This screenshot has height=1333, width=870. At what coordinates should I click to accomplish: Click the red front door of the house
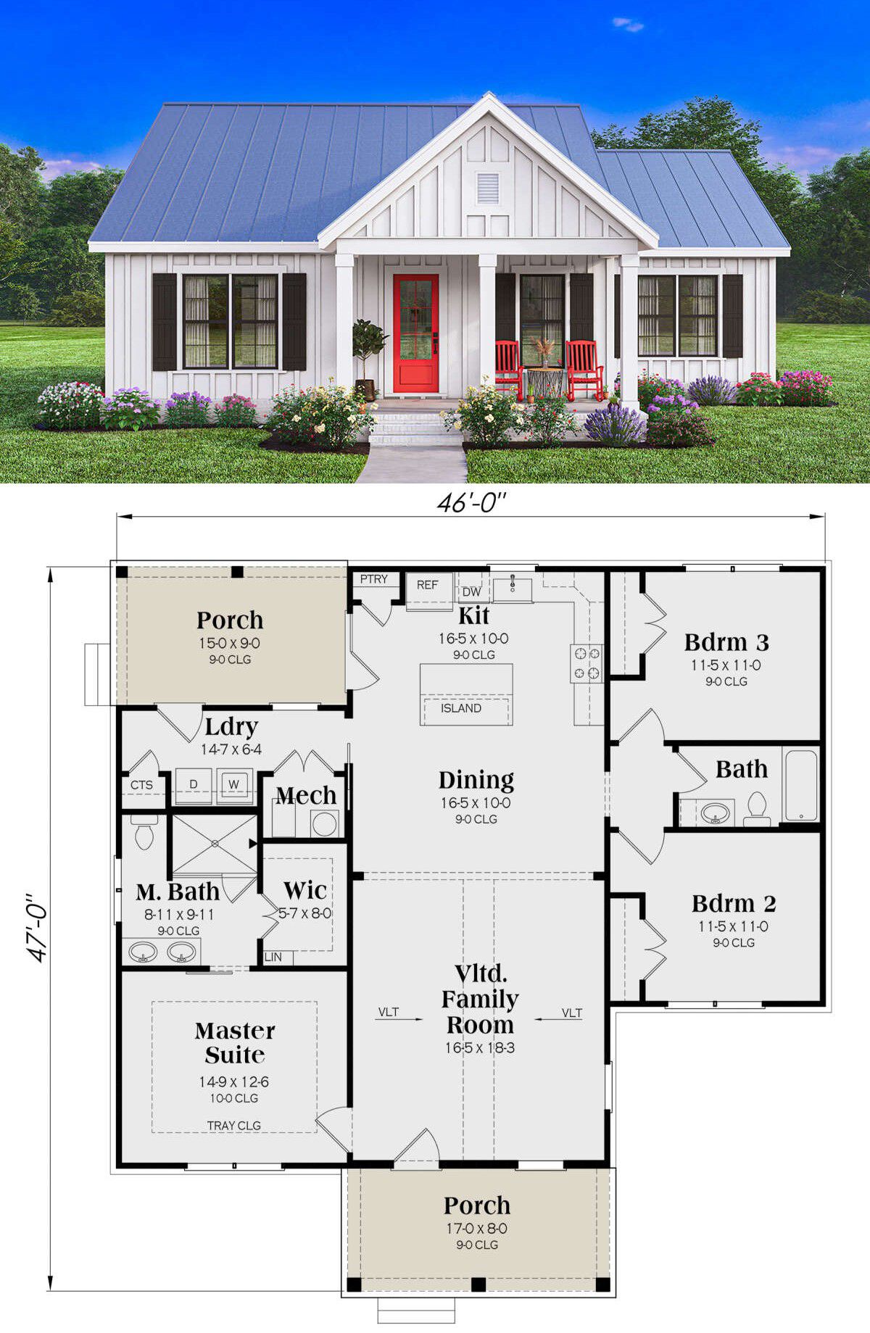(416, 333)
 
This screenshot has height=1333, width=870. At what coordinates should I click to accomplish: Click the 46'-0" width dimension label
(471, 503)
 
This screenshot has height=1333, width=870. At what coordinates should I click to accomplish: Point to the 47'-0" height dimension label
(38, 931)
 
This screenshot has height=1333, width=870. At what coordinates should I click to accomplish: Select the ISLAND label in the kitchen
(461, 708)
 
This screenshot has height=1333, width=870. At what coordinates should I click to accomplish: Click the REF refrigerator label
(427, 585)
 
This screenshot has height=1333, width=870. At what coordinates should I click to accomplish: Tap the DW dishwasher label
(471, 592)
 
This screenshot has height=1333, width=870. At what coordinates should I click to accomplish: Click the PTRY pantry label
(374, 579)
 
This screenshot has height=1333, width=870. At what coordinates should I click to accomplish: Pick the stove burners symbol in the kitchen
(587, 663)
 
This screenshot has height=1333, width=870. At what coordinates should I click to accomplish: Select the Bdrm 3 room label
(726, 642)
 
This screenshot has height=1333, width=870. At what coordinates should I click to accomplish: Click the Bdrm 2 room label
(734, 903)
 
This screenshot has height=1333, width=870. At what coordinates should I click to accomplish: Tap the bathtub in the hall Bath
(801, 786)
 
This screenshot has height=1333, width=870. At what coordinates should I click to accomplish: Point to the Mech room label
(306, 796)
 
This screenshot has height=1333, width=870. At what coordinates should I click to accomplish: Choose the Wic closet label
(304, 889)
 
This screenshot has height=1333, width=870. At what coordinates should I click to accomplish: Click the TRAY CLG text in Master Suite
(234, 1126)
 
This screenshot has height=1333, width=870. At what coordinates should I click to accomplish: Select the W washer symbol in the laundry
(233, 785)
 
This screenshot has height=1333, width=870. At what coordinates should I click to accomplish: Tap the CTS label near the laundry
(141, 785)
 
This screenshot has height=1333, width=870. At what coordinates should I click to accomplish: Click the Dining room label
(476, 780)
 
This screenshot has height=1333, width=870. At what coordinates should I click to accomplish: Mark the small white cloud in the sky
(628, 25)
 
